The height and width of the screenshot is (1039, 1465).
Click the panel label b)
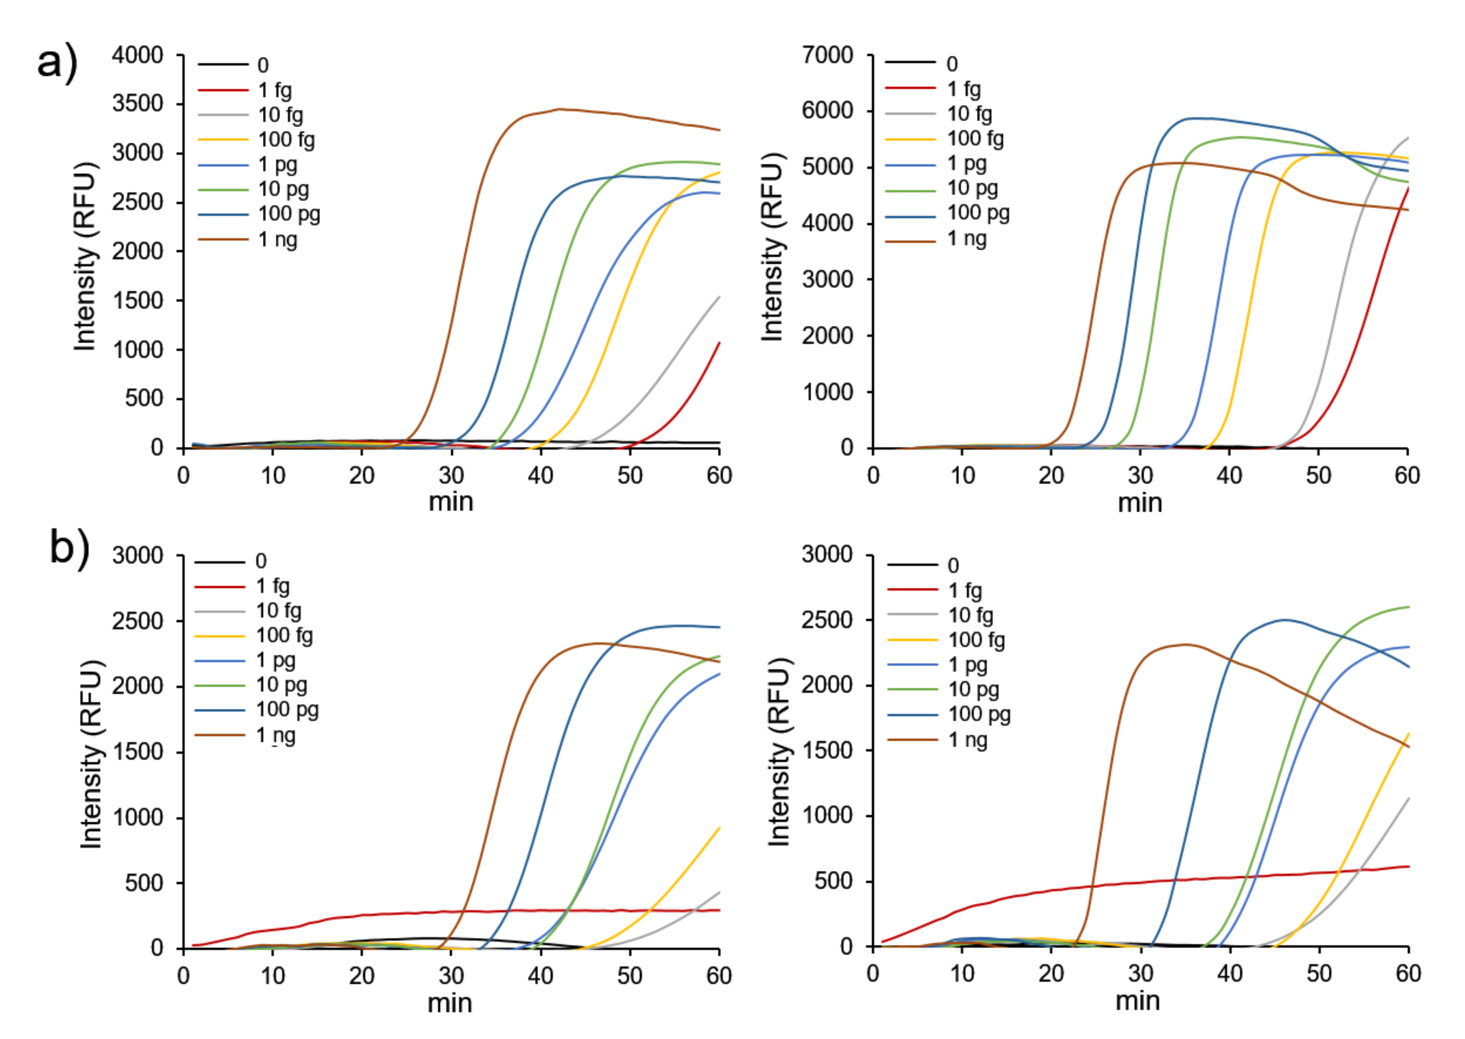(x=69, y=549)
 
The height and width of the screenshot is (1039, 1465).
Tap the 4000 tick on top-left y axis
(x=137, y=56)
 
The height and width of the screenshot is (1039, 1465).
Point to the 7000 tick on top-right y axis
(x=827, y=56)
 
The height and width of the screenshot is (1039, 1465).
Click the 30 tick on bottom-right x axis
(x=1141, y=974)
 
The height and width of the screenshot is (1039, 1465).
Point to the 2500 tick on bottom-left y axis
(x=137, y=621)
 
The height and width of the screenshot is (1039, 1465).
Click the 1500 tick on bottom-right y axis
(x=827, y=750)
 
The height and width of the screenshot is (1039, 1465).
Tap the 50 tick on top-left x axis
(x=630, y=476)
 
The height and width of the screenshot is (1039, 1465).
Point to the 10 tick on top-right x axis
(x=962, y=476)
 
